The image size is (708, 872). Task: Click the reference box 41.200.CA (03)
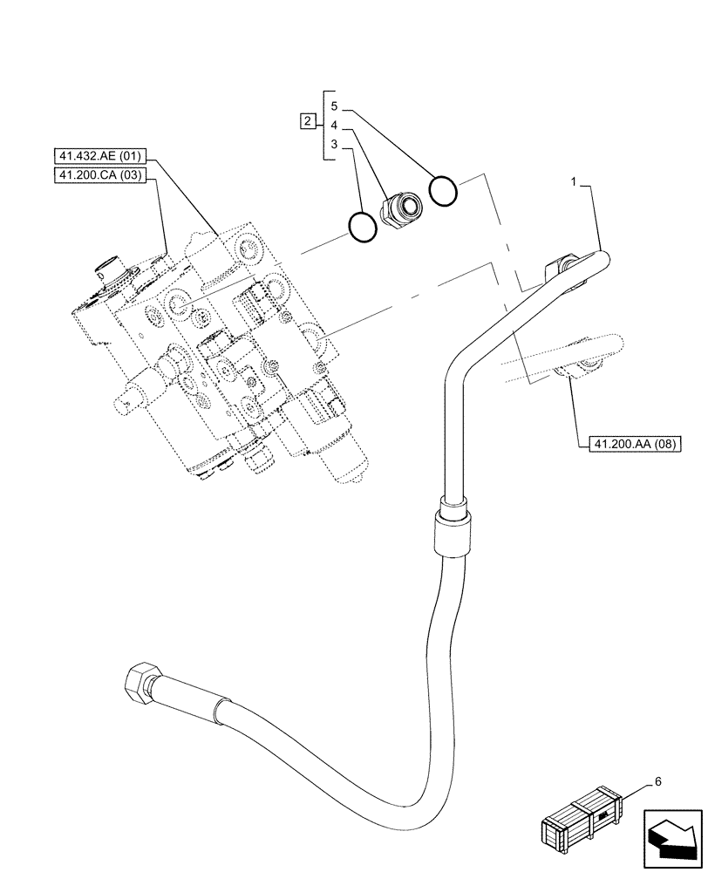(101, 176)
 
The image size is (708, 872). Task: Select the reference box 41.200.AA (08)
(628, 444)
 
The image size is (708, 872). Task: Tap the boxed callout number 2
(308, 121)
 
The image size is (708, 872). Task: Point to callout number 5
(334, 106)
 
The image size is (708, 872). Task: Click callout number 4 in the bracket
(334, 125)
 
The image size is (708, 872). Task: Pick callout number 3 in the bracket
(334, 143)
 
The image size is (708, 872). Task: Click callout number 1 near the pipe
(573, 182)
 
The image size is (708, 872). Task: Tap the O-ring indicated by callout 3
(362, 227)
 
